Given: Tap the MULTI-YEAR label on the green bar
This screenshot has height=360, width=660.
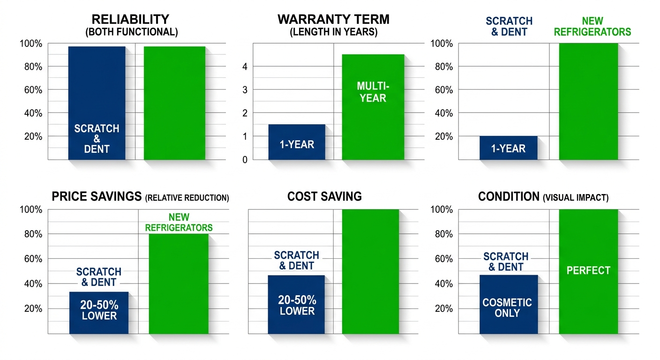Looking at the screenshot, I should [x=371, y=92].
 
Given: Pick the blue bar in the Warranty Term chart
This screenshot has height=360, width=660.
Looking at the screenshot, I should [x=297, y=142].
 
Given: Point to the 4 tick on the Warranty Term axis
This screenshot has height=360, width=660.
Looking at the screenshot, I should [x=245, y=67].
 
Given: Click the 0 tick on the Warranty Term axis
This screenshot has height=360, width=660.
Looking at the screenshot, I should [x=245, y=160].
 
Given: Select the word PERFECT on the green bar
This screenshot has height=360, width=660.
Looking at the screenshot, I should [x=588, y=270].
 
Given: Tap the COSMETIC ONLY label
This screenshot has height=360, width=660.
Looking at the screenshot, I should [x=507, y=307].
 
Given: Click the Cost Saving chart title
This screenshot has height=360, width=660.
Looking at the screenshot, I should [x=324, y=196].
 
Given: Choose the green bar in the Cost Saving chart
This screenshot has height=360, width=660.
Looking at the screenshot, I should [x=370, y=272].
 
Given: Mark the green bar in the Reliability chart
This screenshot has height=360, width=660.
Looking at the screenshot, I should [x=174, y=103].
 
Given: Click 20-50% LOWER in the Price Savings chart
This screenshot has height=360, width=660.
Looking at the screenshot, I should [x=99, y=310].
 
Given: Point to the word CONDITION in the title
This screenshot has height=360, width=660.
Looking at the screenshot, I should [x=509, y=197].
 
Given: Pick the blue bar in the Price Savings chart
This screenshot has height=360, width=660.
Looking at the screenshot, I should [x=99, y=313].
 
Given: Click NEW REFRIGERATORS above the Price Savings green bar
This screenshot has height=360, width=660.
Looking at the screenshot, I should [x=179, y=222].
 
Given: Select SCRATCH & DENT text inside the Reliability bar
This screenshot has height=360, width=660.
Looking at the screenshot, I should [x=97, y=139].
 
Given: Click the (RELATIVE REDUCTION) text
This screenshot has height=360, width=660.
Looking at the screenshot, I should [x=187, y=198].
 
